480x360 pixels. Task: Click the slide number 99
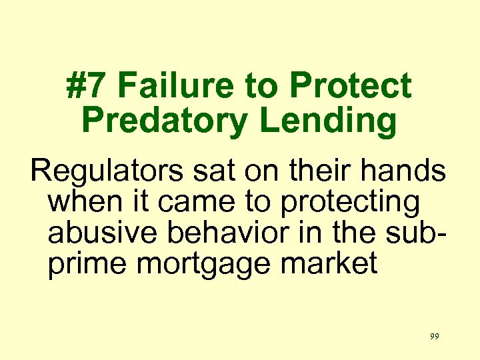[x=434, y=337]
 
